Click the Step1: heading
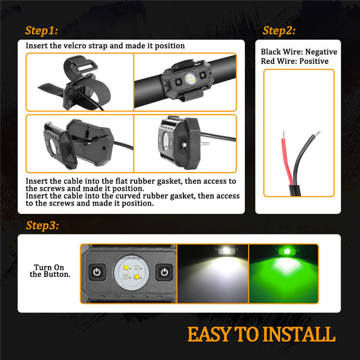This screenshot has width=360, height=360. pos(41,31)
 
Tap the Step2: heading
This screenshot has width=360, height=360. pos(279,31)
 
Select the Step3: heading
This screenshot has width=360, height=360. pos(42,226)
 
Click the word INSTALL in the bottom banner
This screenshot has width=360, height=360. pos(299,334)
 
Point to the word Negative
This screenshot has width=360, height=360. pos(321,52)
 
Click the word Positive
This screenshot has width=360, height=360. pos(314,61)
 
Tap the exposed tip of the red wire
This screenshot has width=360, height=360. pos(284,134)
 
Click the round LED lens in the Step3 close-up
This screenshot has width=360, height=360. pos(132,273)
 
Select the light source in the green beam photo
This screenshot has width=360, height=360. pos(287,252)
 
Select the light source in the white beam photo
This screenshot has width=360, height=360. pos(227,251)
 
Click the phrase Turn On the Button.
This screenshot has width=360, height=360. pos(50,271)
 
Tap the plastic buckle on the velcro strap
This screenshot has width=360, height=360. pos(84,67)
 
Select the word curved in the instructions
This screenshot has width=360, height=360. pos(127,196)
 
